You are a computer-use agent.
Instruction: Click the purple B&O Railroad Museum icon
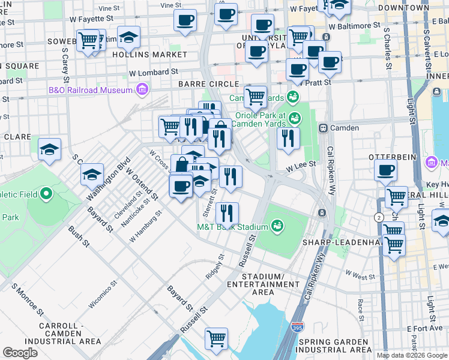click(x=142, y=90)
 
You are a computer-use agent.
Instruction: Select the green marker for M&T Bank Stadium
click(x=277, y=226)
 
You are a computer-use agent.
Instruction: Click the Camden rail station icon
click(x=323, y=128)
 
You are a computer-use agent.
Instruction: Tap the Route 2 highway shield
click(x=379, y=217)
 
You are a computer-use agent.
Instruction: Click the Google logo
click(x=20, y=353)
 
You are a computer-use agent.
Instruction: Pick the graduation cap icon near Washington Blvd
click(x=92, y=175)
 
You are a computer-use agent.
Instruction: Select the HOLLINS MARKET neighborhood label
click(x=153, y=55)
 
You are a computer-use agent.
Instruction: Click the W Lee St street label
click(x=301, y=172)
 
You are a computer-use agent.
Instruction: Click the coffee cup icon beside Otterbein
click(x=385, y=170)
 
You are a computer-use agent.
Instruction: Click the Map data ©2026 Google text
click(x=412, y=355)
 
